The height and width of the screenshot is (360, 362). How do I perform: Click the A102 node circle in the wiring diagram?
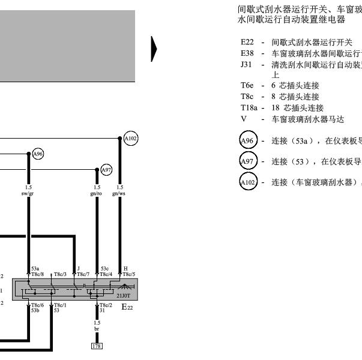coord(130,139)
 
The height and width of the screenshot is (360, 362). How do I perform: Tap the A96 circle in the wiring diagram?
coord(38,154)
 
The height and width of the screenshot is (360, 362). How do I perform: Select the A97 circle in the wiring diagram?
coord(106,170)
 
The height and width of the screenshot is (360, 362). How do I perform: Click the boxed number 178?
coord(97,346)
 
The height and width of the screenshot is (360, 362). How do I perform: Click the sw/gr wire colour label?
coord(28,194)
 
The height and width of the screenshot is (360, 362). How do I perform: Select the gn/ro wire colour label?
coord(97,194)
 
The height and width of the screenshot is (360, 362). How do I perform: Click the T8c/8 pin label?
coord(36,274)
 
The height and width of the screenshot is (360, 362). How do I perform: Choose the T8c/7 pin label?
coord(82,274)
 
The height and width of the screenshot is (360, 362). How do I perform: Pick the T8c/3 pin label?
coord(60,274)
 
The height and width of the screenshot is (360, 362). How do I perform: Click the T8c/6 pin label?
coord(37,304)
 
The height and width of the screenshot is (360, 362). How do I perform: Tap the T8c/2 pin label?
coord(106,304)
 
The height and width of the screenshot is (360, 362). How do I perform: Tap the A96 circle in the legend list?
coord(247,142)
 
